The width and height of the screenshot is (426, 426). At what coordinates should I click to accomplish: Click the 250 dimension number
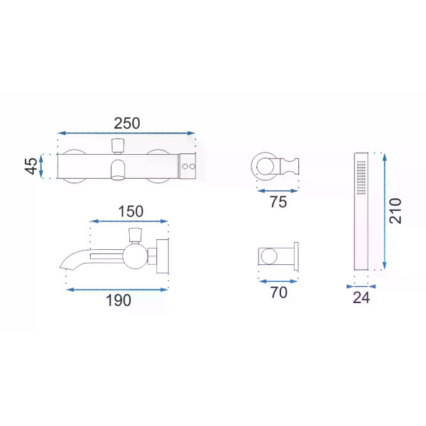pyautogui.click(x=127, y=124)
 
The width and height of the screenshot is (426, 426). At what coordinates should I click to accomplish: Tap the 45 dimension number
pyautogui.click(x=31, y=166)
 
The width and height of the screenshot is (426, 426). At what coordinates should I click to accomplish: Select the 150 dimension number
pyautogui.click(x=131, y=212)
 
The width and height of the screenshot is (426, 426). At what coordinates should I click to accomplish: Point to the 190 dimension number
pyautogui.click(x=119, y=300)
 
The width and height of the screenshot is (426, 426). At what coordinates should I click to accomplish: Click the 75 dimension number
pyautogui.click(x=278, y=202)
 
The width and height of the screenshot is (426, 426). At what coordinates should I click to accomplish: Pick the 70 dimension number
pyautogui.click(x=279, y=293)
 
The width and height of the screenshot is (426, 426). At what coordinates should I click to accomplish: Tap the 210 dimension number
pyautogui.click(x=395, y=211)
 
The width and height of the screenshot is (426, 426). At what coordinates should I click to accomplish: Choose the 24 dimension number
pyautogui.click(x=361, y=297)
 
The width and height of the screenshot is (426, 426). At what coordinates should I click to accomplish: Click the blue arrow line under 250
pyautogui.click(x=126, y=133)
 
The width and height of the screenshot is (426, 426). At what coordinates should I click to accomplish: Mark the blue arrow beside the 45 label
pyautogui.click(x=41, y=166)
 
